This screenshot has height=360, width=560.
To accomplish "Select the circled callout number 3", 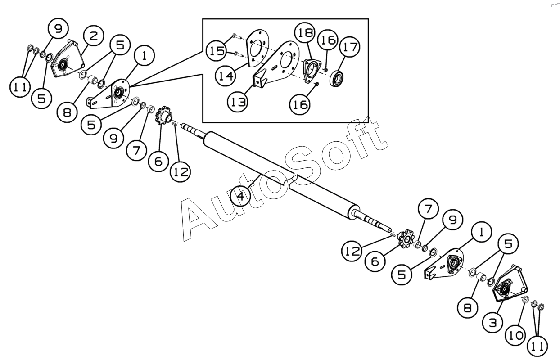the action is pos(493,323).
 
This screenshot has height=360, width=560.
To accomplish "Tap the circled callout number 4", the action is pos(241,197).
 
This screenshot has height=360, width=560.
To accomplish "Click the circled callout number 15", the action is pos(216,50).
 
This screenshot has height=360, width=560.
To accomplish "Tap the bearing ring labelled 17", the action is pos(336,79).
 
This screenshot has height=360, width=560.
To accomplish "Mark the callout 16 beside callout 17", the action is pos(328,40).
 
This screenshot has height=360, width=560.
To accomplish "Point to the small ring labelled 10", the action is pos(525,300).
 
